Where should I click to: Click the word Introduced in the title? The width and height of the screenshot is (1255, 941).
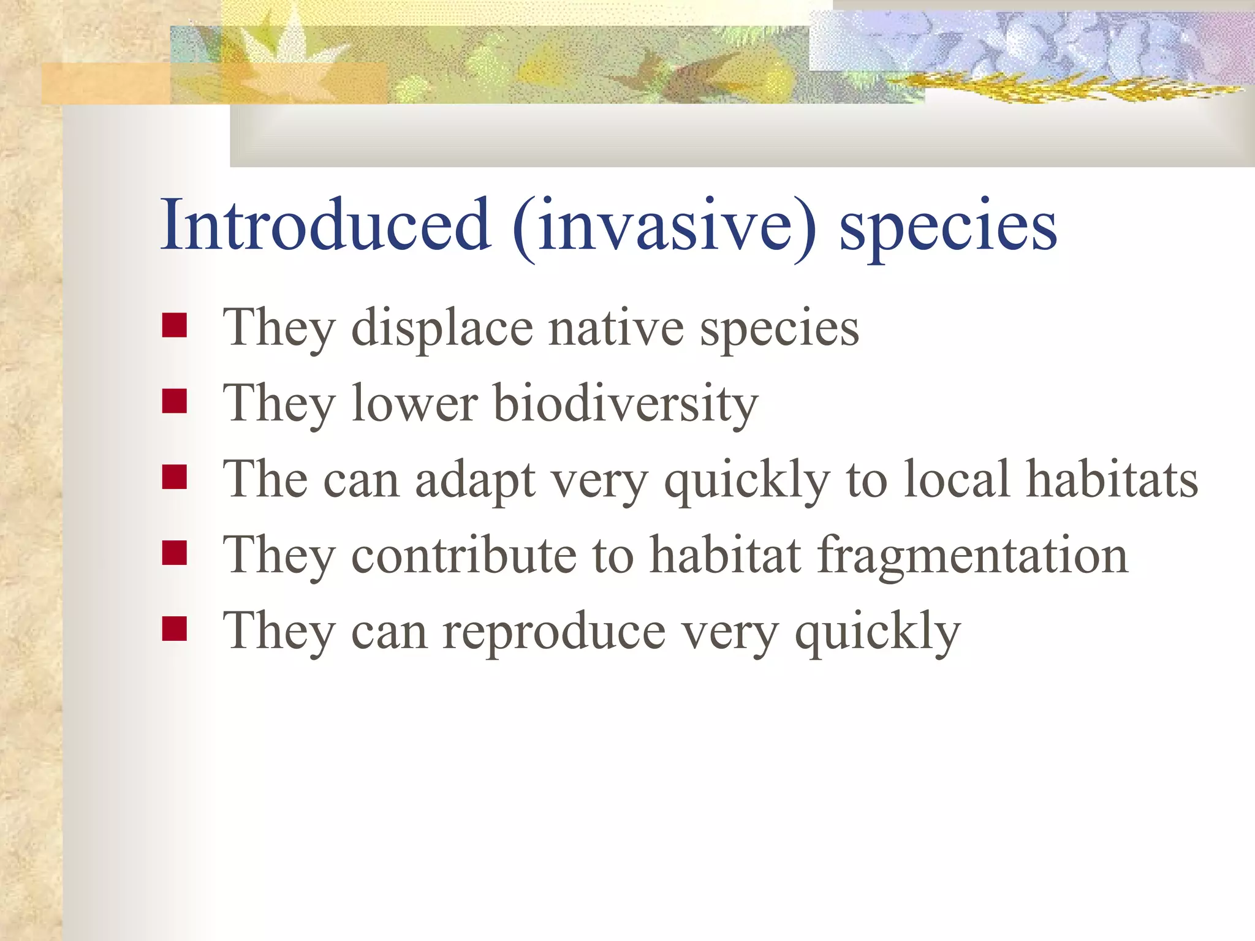[325, 225]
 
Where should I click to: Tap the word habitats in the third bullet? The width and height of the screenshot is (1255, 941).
[1112, 480]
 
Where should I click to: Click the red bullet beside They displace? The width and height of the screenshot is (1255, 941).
[175, 325]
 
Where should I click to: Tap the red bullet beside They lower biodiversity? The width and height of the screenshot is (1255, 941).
[175, 401]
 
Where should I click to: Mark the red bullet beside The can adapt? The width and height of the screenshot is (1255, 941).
[175, 477]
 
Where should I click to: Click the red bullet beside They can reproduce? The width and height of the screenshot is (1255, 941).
[175, 628]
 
